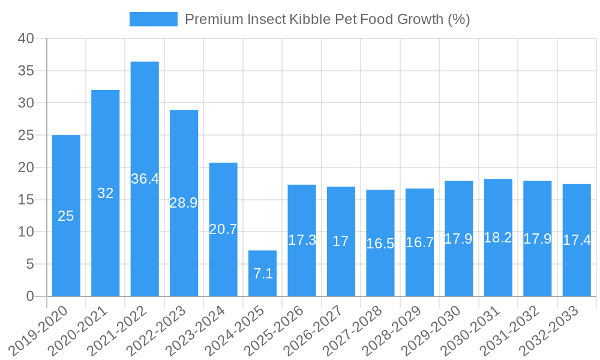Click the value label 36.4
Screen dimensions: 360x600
coord(145,179)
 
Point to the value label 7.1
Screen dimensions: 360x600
coord(263,274)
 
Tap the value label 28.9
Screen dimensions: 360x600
coord(184,203)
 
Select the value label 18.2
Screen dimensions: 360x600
coord(498,238)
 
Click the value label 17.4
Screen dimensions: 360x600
coord(577,241)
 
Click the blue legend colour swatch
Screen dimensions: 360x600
coord(154,19)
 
